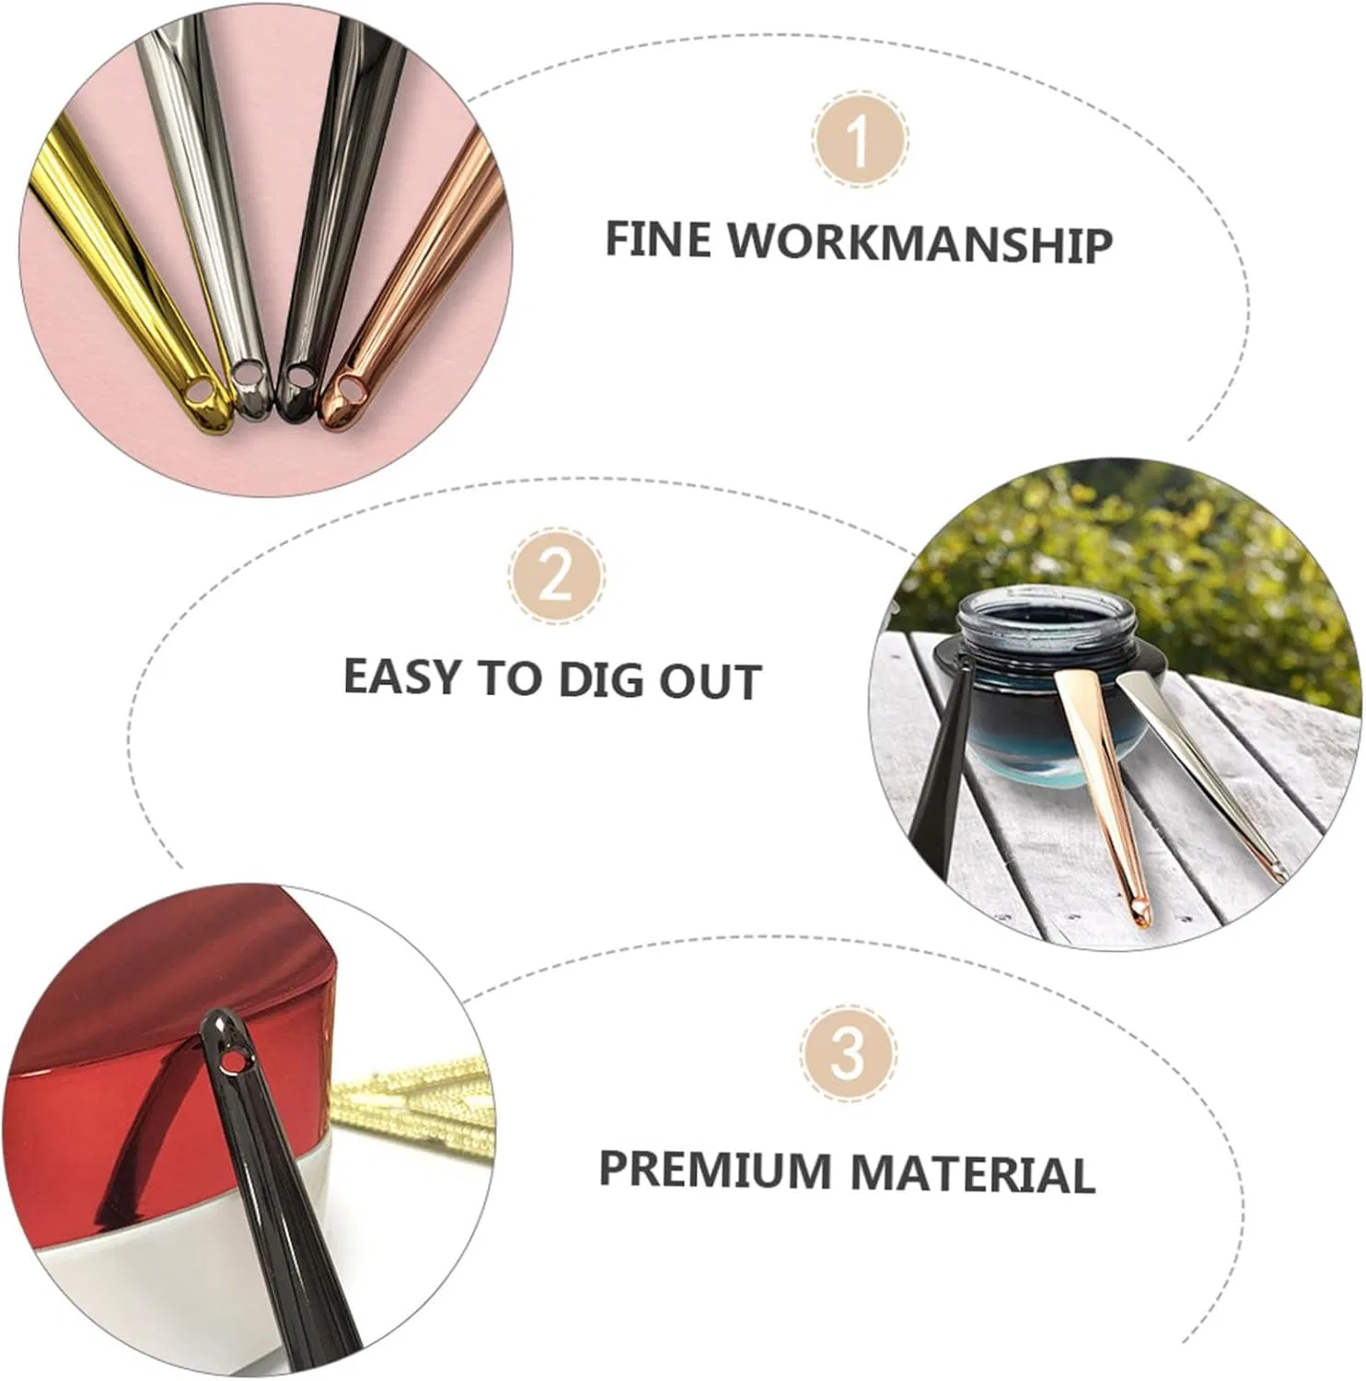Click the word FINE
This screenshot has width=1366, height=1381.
tap(658, 238)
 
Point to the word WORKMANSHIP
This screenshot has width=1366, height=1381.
tap(921, 243)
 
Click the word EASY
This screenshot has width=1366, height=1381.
tap(401, 677)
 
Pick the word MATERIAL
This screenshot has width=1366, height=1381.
tap(972, 1174)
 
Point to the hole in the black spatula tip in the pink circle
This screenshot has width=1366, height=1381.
tap(299, 376)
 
